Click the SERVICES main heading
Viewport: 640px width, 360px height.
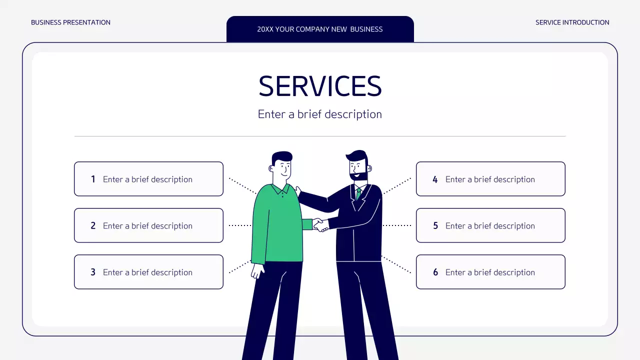coord(320,86)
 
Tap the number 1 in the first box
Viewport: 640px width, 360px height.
coord(93,179)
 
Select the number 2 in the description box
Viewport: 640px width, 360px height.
coord(93,225)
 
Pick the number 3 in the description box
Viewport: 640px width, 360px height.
coord(93,272)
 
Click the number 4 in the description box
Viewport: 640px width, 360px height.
coord(435,179)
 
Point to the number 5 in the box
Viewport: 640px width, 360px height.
coord(435,225)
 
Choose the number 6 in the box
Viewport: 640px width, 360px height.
coord(435,272)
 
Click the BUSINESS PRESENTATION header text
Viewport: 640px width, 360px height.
coord(70,22)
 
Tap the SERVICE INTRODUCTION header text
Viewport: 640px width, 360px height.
coord(572,22)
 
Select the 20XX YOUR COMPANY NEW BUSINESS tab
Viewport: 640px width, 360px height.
coord(320,29)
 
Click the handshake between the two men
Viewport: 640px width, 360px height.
coord(320,225)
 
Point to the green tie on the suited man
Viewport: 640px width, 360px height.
coord(358,193)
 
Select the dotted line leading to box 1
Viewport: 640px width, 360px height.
coord(242,186)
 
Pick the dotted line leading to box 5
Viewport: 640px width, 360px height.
coord(397,225)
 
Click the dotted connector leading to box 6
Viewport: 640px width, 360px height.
coord(396,264)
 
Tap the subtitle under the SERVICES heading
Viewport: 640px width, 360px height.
coord(319,114)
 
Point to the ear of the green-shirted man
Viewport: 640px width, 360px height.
coord(271,168)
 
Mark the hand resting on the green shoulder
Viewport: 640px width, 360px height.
coord(298,191)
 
